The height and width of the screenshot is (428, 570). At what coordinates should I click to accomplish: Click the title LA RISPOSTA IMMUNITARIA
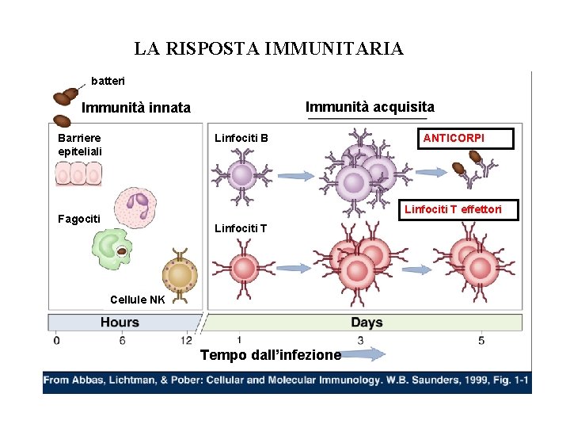[268, 49]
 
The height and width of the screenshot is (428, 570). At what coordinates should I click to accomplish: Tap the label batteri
[108, 81]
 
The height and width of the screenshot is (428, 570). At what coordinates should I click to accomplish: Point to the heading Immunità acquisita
[370, 106]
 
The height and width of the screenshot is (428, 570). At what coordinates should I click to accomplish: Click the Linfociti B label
[241, 139]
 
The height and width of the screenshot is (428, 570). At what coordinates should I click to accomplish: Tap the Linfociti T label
[241, 228]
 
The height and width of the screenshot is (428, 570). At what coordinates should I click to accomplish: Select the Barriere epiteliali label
[79, 144]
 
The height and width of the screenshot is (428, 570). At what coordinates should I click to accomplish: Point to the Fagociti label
[79, 219]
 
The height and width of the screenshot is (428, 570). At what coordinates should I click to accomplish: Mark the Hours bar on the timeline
[120, 323]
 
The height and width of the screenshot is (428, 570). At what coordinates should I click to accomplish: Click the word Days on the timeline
[367, 323]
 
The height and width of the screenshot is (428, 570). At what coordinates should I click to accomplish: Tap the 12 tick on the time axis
[187, 340]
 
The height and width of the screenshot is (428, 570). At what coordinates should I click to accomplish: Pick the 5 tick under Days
[481, 340]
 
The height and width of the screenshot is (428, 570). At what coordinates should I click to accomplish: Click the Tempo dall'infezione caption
[270, 355]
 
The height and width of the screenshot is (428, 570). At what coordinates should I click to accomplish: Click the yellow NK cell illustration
[180, 275]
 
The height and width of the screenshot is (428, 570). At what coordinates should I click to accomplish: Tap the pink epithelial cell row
[80, 173]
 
